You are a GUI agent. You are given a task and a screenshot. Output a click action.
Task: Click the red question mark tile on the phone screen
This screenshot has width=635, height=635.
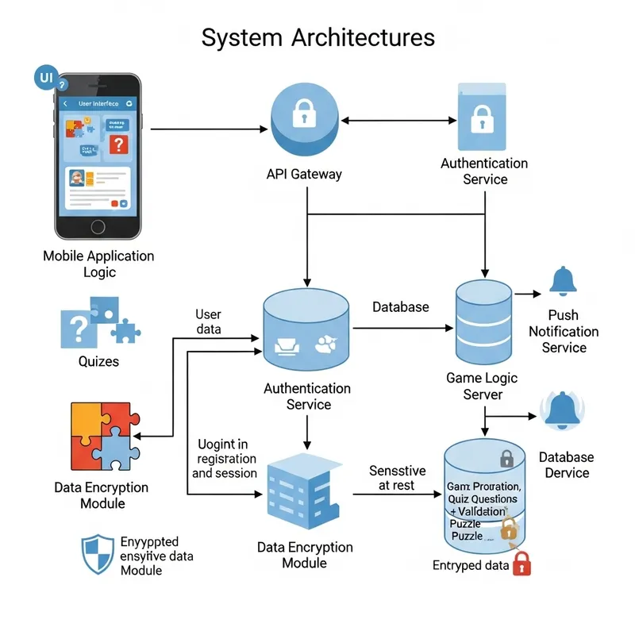coord(117,144)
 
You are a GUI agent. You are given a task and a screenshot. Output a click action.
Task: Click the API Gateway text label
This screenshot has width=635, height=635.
coord(305,174)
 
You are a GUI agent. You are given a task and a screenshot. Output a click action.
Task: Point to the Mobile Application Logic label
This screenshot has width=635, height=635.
coord(98,264)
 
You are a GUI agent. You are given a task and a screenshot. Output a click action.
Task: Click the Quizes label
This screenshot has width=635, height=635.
coord(98,362)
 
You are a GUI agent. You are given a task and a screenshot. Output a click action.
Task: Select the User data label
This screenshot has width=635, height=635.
coord(208,321)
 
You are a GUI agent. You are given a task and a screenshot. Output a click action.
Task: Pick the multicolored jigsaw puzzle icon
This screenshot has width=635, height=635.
coord(102,437)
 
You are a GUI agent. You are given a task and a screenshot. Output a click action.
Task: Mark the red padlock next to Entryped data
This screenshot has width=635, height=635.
coord(521,564)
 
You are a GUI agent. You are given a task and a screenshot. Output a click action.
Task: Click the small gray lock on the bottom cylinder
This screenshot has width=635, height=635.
coord(506,458)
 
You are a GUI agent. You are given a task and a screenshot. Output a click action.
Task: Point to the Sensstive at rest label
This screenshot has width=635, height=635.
coord(397,478)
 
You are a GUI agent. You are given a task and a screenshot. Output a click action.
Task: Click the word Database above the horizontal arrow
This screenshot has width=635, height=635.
coord(401,307)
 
